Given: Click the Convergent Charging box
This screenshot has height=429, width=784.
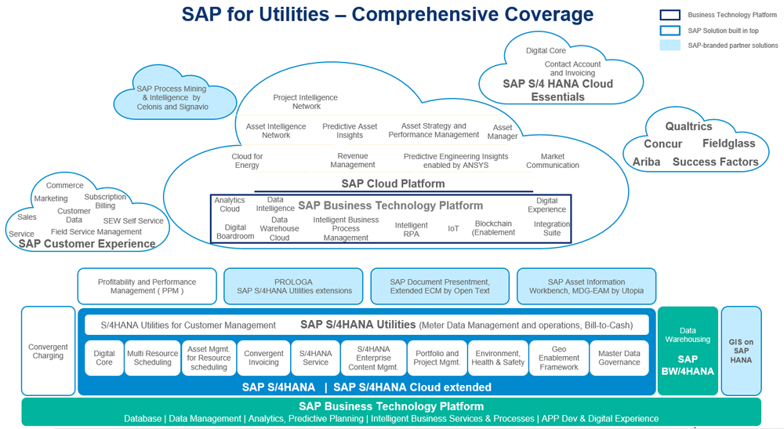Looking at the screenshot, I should click(x=48, y=351).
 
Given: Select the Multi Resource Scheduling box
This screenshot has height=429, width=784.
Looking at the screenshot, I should click(x=153, y=358).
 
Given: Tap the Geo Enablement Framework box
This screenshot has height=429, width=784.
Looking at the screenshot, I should click(x=559, y=358).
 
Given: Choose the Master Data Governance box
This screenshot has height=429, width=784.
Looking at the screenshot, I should click(x=619, y=358).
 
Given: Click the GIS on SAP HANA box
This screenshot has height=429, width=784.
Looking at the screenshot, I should click(x=740, y=350).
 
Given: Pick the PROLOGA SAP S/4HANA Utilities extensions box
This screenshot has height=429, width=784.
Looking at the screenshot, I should click(x=293, y=286).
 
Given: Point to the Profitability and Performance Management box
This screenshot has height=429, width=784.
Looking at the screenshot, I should click(x=147, y=286).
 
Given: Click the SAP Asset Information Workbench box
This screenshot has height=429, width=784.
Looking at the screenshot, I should click(x=586, y=286).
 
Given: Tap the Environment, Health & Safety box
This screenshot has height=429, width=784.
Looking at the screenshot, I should click(x=498, y=358).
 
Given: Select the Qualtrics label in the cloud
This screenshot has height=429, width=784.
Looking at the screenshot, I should click(x=688, y=127).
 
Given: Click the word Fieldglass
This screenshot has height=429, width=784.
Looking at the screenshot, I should click(x=728, y=144).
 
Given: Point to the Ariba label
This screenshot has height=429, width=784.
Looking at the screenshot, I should click(x=647, y=162).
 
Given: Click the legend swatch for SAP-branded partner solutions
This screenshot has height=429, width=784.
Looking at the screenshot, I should click(x=670, y=45).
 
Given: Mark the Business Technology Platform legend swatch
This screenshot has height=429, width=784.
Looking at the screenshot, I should click(x=670, y=15).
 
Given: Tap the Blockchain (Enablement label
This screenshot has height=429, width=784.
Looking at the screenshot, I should click(x=494, y=227).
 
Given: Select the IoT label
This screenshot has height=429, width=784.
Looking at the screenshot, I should click(x=453, y=228).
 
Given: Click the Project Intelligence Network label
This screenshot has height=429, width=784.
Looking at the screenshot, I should click(x=305, y=102).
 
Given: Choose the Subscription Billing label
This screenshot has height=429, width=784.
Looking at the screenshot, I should click(x=105, y=202).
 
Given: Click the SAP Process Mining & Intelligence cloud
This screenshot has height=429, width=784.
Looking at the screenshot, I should click(x=172, y=98).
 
